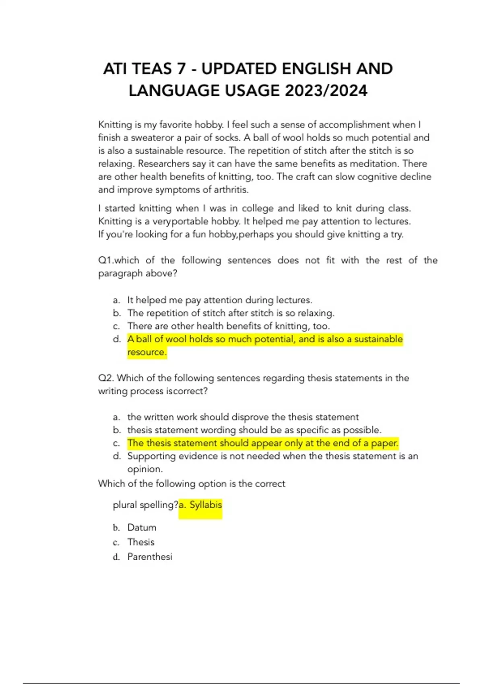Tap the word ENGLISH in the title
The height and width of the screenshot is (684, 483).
(x=310, y=69)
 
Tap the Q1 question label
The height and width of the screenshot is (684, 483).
(x=105, y=260)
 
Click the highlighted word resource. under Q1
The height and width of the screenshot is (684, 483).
(x=147, y=352)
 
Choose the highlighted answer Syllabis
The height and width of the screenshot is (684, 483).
(x=205, y=505)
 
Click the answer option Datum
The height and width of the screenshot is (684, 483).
(x=142, y=527)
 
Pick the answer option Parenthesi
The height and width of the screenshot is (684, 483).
(x=150, y=557)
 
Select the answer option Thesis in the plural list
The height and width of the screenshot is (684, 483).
(x=141, y=542)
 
